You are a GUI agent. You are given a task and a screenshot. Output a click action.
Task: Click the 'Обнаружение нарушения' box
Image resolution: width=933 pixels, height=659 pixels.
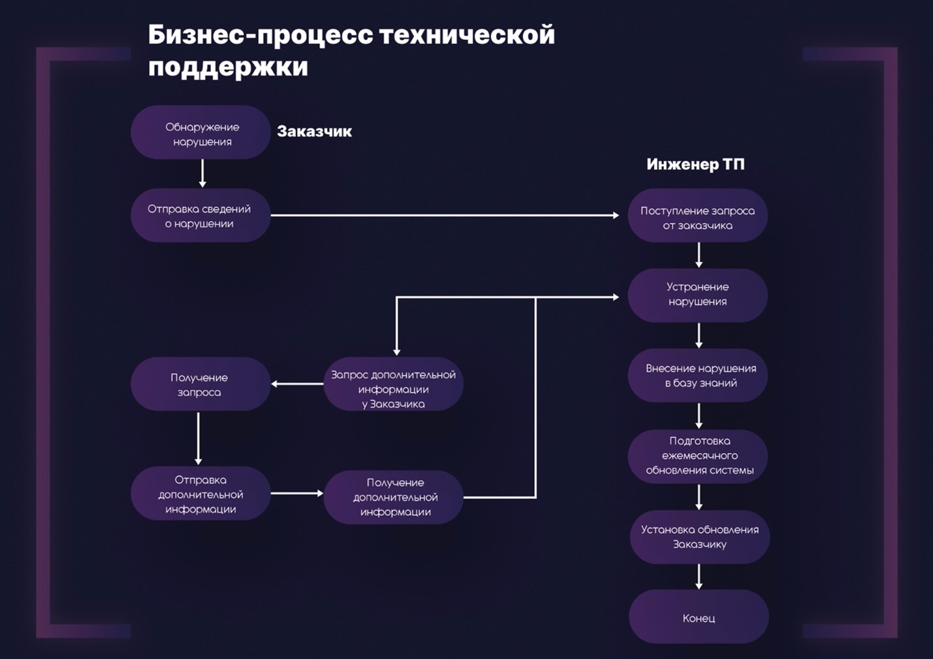[x=200, y=133]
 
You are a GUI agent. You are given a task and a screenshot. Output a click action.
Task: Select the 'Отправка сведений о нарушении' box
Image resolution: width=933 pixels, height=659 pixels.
[x=200, y=216]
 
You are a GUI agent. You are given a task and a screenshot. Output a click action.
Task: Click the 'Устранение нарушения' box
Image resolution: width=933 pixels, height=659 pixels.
[x=697, y=295]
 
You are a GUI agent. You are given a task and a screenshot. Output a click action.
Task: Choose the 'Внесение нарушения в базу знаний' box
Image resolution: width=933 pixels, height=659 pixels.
[x=697, y=376]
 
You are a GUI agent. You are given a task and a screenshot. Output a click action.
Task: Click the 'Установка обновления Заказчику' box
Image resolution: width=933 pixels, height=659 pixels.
[x=699, y=537]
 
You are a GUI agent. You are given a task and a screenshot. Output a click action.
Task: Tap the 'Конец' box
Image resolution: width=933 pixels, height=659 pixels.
[x=699, y=617]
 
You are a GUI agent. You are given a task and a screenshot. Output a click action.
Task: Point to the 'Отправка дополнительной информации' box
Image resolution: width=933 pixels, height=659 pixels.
[x=200, y=494]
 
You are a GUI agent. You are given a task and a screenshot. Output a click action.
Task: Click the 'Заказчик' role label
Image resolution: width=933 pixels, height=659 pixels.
[x=314, y=131]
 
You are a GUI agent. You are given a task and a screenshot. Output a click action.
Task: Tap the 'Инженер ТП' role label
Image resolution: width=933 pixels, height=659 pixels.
[x=695, y=164]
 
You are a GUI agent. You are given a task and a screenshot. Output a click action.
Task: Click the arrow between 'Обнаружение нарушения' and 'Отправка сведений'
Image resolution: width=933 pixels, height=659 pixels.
[x=202, y=174]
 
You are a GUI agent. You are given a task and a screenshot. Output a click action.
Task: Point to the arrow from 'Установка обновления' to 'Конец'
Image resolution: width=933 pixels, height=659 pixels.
[x=699, y=576]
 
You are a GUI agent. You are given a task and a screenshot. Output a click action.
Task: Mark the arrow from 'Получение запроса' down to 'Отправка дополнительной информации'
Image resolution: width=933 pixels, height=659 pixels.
[x=198, y=438]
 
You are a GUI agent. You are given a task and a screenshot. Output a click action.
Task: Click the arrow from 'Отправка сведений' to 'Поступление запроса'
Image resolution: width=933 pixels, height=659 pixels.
[x=444, y=215]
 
